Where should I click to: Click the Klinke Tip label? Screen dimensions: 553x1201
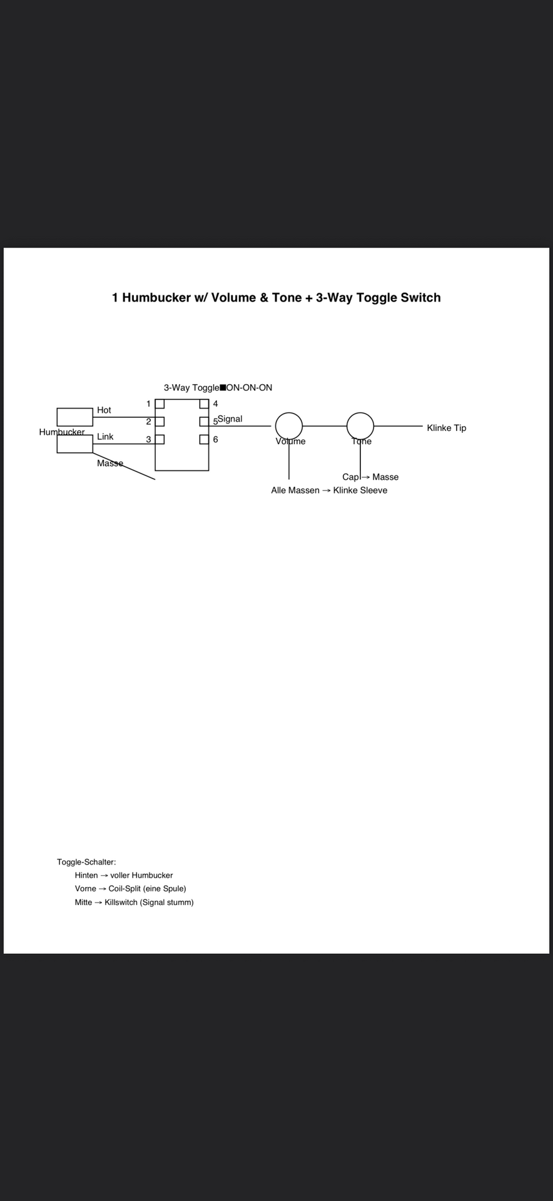[x=447, y=428]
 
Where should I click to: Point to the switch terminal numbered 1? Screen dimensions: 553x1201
[x=160, y=403]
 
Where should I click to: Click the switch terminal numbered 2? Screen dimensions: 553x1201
[x=160, y=422]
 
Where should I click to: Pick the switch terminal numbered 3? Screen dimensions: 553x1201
[x=160, y=439]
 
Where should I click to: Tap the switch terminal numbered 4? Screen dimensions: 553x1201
[x=204, y=403]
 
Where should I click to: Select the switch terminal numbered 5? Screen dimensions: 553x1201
[x=204, y=422]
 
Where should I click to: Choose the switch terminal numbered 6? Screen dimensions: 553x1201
[x=204, y=439]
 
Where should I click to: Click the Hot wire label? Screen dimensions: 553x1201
[x=104, y=410]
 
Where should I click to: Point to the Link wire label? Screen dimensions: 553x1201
[x=105, y=437]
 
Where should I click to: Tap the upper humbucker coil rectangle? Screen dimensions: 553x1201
[x=75, y=417]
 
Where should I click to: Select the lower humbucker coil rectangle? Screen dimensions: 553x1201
[x=75, y=443]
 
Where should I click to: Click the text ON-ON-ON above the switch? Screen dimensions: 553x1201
[x=249, y=388]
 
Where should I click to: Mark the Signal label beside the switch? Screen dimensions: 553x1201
[x=230, y=419]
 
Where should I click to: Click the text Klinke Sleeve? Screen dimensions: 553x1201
[x=360, y=490]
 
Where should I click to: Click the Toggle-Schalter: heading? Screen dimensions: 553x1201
[x=86, y=862]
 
